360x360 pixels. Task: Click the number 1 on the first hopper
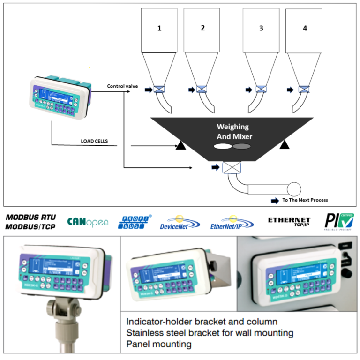(x=159, y=28)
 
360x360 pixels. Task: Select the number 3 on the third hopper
(x=261, y=28)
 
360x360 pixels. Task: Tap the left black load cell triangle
(x=180, y=147)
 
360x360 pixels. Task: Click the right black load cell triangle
(x=284, y=147)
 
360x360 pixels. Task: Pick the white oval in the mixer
(x=222, y=147)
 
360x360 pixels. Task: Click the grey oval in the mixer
(x=242, y=147)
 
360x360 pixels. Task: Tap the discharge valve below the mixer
(x=231, y=167)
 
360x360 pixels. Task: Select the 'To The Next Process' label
(x=305, y=200)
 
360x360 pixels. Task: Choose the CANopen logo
(x=88, y=222)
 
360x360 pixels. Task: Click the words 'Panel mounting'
(x=159, y=345)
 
